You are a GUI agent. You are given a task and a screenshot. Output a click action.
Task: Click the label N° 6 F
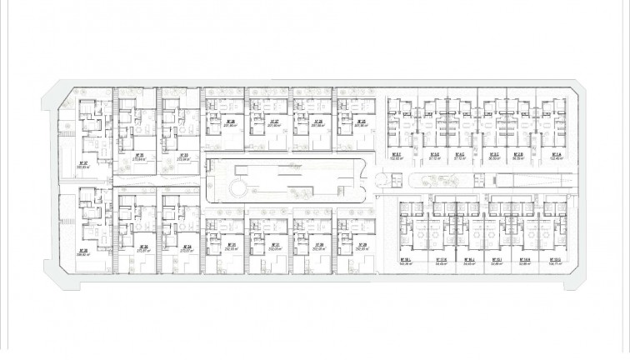(397, 154)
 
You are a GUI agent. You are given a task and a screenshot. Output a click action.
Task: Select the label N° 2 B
(517, 154)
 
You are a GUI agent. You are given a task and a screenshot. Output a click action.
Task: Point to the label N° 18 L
(407, 257)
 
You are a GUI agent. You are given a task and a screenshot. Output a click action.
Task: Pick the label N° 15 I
(497, 257)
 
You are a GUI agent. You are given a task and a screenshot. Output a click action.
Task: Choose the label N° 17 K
(442, 257)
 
